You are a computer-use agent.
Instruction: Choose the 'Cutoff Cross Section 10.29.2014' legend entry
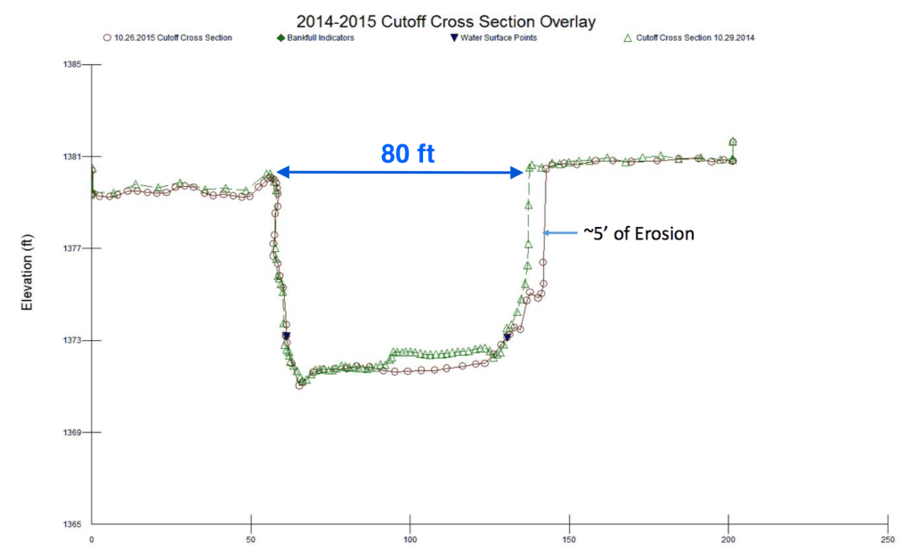click(x=695, y=37)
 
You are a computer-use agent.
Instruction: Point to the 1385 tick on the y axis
click(x=71, y=64)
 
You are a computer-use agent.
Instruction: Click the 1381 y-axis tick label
click(x=71, y=157)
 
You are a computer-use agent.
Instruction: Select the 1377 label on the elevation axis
click(x=71, y=248)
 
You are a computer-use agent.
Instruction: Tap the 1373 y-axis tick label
click(x=71, y=341)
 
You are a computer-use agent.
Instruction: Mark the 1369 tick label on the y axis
click(x=71, y=433)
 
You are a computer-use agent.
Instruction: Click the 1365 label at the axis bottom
click(x=71, y=524)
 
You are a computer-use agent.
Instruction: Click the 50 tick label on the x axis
click(x=251, y=539)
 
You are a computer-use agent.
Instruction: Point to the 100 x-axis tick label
click(x=410, y=539)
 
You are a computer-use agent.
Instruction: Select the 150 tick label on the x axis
click(x=569, y=539)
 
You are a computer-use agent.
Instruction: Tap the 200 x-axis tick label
click(x=728, y=539)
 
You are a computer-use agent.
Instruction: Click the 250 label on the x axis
click(x=887, y=539)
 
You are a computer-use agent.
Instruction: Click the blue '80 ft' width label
click(x=408, y=153)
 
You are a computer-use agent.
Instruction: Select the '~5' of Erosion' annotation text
click(x=638, y=233)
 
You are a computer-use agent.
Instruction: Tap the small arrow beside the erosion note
click(x=561, y=233)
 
